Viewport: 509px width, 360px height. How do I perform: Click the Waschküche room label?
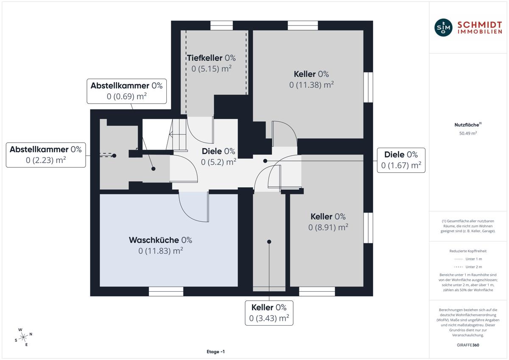coord(160,245)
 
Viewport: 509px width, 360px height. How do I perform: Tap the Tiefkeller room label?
coord(211,63)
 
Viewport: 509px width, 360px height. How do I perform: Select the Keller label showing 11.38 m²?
coord(311,79)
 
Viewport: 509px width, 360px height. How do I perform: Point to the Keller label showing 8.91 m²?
coord(328,222)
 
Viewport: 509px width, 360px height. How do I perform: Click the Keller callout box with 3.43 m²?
coord(269,313)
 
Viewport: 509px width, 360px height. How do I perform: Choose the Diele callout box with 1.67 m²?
coord(401,160)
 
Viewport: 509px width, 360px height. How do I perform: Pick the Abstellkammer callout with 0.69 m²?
coord(126,91)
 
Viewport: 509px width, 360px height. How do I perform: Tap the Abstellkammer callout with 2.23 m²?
coord(46,155)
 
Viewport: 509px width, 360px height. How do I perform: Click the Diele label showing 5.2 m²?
coord(218,157)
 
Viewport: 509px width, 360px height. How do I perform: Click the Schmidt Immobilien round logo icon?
coord(443,28)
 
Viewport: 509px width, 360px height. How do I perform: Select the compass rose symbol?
coord(23,337)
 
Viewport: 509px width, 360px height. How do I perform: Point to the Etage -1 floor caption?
coord(215,352)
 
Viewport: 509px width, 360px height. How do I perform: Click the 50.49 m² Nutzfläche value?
coord(468,133)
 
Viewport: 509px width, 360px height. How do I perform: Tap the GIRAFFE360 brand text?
coord(468,345)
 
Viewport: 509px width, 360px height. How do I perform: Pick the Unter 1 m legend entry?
coord(468,259)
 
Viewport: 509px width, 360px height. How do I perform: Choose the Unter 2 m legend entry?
coord(468,267)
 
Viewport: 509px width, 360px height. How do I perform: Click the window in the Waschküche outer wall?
coord(166,291)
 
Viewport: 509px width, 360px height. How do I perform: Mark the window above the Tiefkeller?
coord(221,25)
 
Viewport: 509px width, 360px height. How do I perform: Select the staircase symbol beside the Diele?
coord(176,135)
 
